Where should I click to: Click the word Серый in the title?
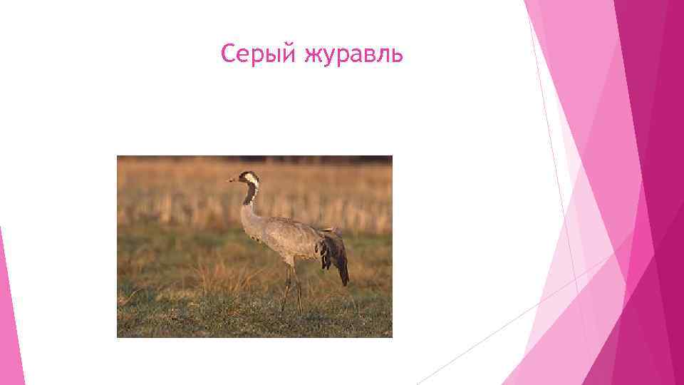[259, 54]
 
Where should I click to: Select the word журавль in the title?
[353, 54]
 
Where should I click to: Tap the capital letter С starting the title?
[228, 53]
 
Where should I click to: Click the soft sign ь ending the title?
[398, 55]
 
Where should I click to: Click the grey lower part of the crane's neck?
[246, 213]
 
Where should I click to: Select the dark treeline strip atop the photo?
[254, 160]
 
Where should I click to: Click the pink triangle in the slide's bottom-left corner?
[9, 335]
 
